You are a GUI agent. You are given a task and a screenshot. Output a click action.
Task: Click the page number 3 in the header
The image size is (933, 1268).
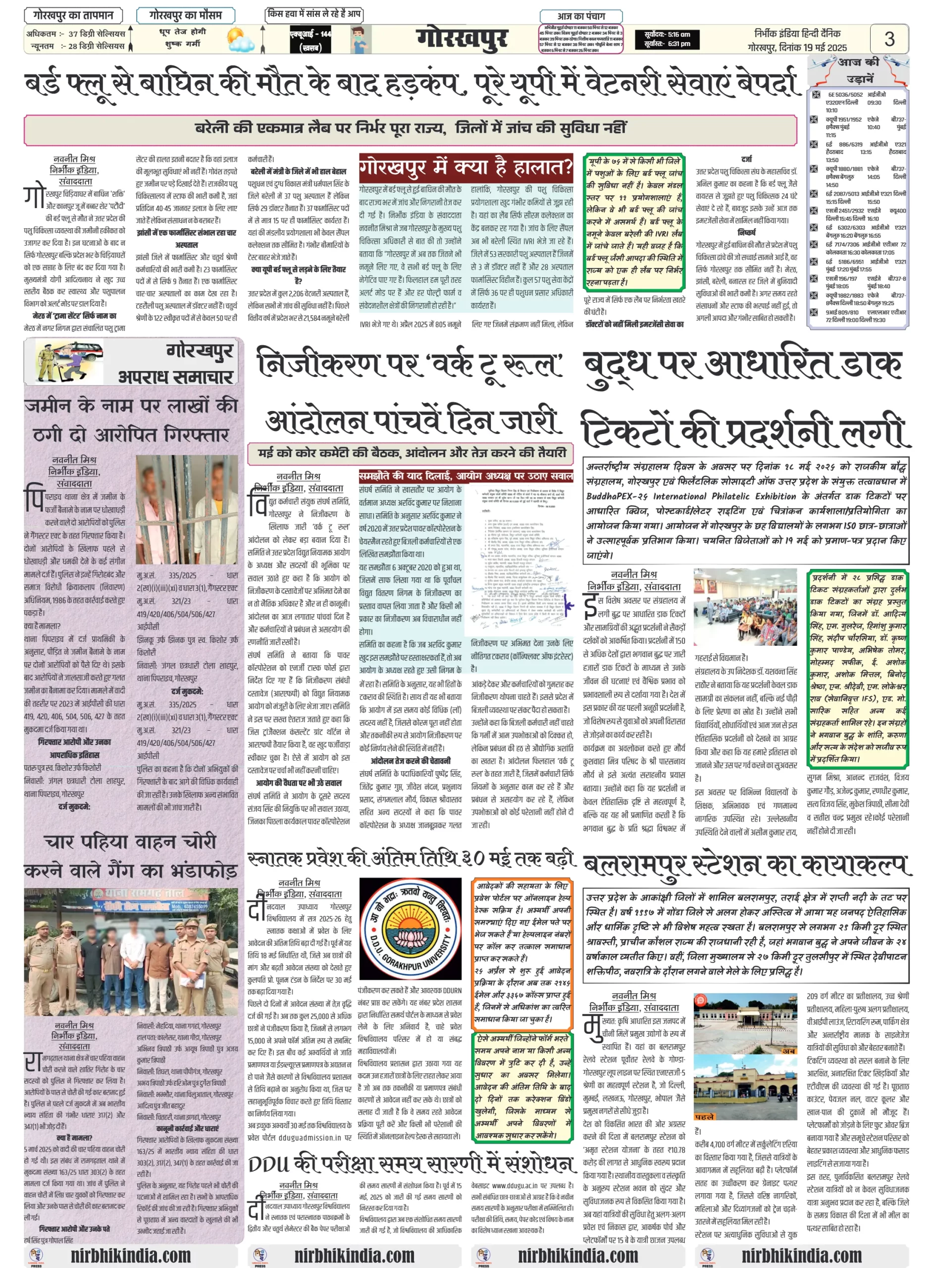coord(889,39)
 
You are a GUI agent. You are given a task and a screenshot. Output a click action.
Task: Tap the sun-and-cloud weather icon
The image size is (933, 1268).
coord(240,40)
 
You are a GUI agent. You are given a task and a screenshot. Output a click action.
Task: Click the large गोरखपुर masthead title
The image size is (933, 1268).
coord(462,39)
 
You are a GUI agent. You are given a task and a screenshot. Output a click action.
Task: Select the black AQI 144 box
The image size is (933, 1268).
coord(310,40)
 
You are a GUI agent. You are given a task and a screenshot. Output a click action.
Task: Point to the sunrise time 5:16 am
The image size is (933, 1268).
coord(667,35)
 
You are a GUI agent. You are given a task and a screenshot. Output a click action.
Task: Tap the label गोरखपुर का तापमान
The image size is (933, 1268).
coord(73,15)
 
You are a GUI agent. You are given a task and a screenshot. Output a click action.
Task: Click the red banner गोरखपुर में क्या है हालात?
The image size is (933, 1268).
coord(466,168)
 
